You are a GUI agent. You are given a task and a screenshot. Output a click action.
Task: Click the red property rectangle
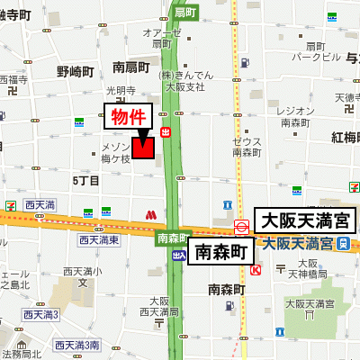(x=143, y=148)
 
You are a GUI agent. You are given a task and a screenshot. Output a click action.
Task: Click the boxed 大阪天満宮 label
(x=307, y=220)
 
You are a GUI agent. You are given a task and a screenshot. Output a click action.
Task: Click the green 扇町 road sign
(x=185, y=13)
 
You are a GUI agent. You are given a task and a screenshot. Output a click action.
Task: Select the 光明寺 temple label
(x=120, y=91)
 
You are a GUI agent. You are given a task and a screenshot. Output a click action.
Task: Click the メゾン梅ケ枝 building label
(x=115, y=152)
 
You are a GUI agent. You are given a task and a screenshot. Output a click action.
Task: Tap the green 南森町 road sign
(x=171, y=238)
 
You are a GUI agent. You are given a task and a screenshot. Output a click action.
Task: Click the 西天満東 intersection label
(x=98, y=240)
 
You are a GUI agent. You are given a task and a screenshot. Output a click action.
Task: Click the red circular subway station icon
(x=242, y=226)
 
